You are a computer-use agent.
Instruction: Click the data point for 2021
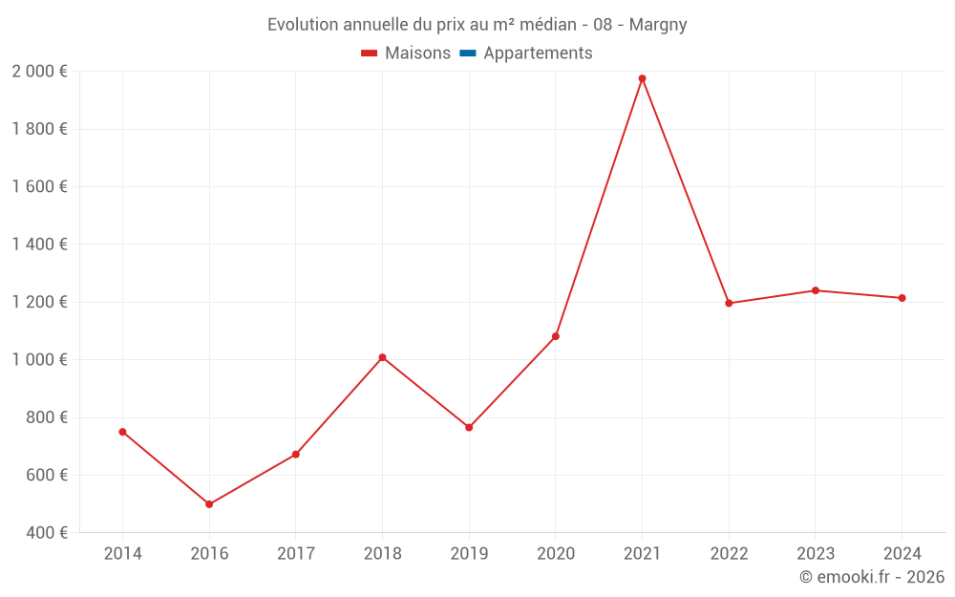[642, 78]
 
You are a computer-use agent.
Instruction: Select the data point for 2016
[209, 504]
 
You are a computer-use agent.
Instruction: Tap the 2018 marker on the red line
[382, 357]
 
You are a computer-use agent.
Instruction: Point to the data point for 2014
[122, 432]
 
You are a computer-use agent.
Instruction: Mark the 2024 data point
[902, 298]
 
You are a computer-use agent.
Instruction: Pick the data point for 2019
[469, 427]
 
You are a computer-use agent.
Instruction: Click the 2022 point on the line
[729, 303]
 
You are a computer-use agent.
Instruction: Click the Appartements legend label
[538, 53]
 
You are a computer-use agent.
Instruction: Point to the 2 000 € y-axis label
[39, 72]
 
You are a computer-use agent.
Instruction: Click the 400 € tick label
[47, 533]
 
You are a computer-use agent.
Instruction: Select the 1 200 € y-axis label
[39, 302]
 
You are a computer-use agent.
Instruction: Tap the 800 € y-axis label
[47, 417]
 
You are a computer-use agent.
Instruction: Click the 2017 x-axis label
[295, 553]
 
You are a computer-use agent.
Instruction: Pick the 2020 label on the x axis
[555, 553]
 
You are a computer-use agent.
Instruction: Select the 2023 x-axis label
[815, 553]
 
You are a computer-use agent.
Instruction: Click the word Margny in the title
[658, 25]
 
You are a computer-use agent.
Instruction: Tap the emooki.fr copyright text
[872, 577]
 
